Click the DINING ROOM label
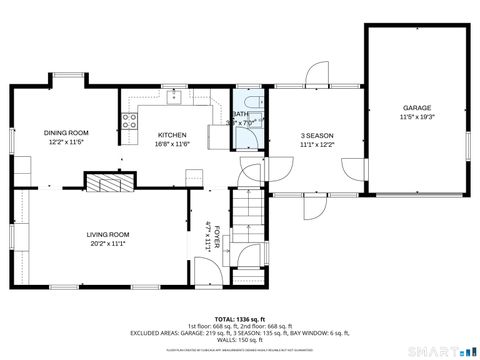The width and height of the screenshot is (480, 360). [66, 132]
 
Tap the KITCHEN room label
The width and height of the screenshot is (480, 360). [172, 135]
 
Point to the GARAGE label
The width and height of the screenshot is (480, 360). [416, 107]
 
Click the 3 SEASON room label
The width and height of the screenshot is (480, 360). [316, 135]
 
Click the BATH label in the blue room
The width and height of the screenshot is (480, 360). [241, 114]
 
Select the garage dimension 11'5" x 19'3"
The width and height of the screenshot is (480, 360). [416, 116]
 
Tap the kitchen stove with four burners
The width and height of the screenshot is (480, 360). [129, 121]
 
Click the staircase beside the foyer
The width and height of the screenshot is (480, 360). [247, 214]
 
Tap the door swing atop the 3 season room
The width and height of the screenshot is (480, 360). [318, 74]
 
